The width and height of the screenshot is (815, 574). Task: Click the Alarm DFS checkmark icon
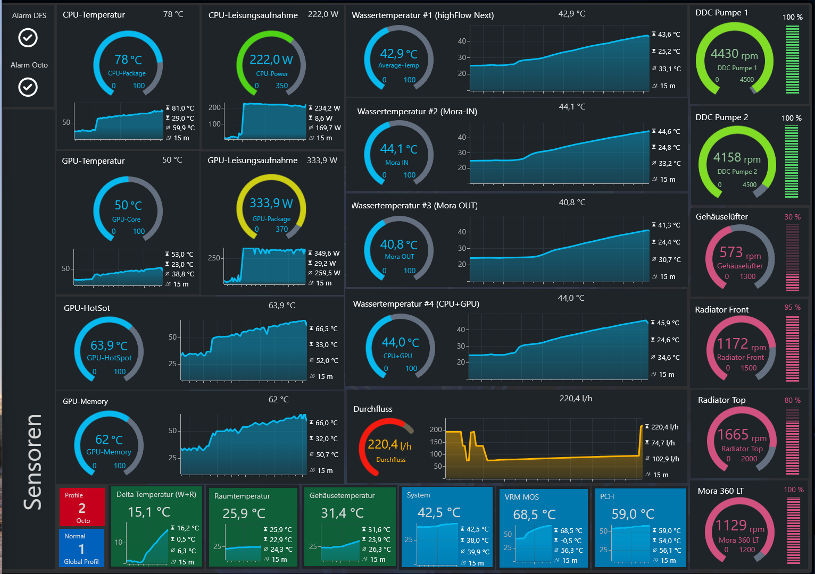point(28,38)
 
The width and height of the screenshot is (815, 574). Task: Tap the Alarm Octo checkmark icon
point(28,87)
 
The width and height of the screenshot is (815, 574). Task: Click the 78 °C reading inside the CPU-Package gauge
point(128,60)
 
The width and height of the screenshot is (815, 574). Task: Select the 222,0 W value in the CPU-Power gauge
point(271,60)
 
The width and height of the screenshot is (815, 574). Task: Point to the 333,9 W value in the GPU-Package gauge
point(271,203)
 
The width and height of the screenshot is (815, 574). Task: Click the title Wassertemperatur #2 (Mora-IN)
point(417,112)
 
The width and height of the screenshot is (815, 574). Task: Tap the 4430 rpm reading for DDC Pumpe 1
point(734,54)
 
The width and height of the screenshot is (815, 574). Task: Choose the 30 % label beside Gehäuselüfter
point(792,217)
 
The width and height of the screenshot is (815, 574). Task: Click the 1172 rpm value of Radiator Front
point(741,344)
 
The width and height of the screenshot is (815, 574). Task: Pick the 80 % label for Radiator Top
point(792,400)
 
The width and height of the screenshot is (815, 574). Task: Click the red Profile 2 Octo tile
point(82,507)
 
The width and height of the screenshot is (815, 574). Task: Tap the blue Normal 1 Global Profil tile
point(81,548)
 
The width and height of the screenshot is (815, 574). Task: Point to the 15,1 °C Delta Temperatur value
point(149,512)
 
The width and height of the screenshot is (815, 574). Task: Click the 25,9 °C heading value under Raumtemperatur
point(244,513)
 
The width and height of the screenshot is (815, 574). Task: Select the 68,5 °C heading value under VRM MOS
point(534,514)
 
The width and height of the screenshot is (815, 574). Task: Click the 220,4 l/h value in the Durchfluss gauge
point(389,444)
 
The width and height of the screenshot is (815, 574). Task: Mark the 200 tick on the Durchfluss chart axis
point(436,429)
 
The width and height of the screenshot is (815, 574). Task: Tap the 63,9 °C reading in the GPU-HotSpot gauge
point(109,345)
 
